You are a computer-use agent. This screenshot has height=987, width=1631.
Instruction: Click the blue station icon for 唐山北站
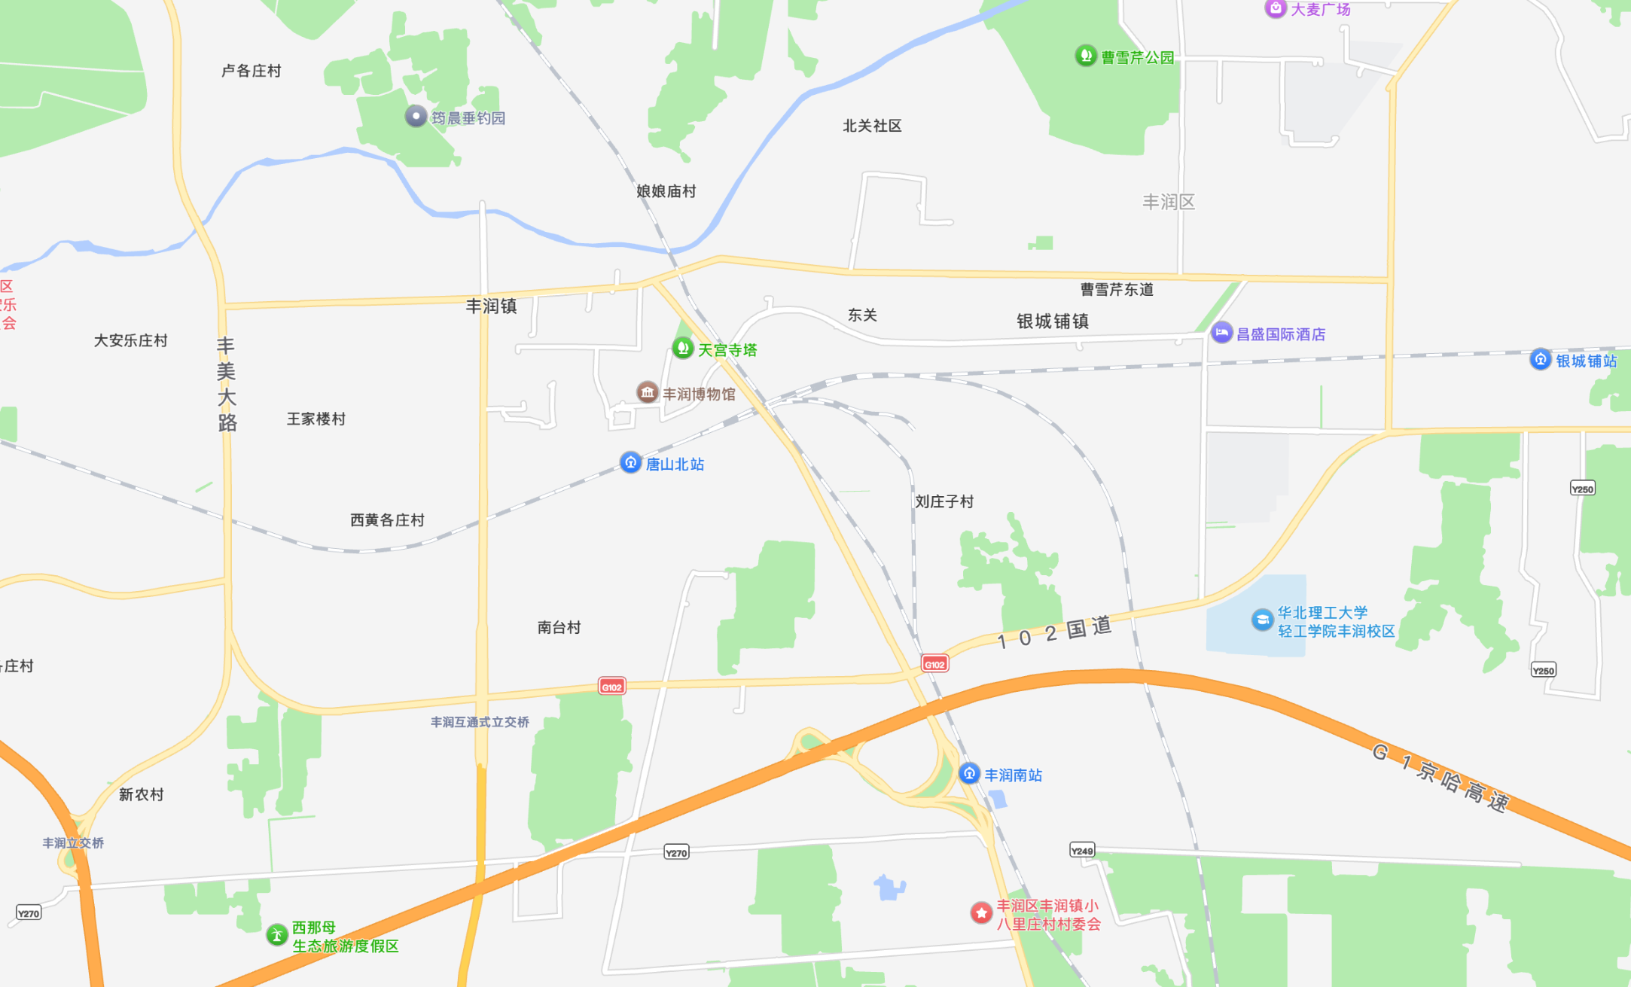click(x=630, y=462)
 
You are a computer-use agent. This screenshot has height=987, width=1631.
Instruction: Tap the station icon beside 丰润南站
click(x=969, y=773)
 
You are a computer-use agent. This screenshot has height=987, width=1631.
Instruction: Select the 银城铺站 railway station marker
click(x=1540, y=360)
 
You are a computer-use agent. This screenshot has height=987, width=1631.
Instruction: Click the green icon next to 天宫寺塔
click(x=682, y=348)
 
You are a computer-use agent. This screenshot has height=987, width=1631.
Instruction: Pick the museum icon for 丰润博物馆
click(x=647, y=392)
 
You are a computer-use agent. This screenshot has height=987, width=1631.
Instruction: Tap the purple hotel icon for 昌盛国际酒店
click(x=1221, y=333)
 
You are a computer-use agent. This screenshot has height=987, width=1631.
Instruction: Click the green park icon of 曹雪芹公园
click(x=1085, y=56)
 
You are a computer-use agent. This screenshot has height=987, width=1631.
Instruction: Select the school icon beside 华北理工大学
click(x=1262, y=620)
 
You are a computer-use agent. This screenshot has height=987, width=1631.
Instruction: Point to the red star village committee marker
click(x=980, y=912)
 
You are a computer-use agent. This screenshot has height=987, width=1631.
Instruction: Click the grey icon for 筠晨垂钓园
click(x=416, y=117)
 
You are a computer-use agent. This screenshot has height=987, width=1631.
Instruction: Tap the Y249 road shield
click(x=1082, y=851)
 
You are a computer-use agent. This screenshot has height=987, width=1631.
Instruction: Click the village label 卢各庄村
click(x=251, y=71)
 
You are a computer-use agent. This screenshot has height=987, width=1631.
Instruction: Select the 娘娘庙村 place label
click(x=666, y=191)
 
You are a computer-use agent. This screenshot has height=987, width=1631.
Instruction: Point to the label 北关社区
click(x=872, y=126)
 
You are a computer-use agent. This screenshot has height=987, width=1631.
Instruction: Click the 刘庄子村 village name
click(x=944, y=501)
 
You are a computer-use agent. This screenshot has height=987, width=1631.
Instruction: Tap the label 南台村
click(x=559, y=627)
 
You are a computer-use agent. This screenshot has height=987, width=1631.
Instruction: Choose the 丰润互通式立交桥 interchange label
click(x=480, y=722)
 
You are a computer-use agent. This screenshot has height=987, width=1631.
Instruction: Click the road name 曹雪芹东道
click(x=1117, y=289)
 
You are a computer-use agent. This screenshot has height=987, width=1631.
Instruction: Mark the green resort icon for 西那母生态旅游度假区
click(x=277, y=935)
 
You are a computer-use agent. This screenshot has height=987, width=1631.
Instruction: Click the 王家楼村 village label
click(x=316, y=419)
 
